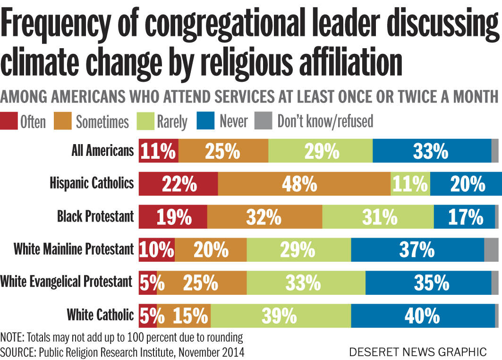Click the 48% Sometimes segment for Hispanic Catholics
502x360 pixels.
pos(304,184)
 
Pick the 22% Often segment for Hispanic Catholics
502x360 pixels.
pos(178,184)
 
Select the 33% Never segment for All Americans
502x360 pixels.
pos(432,151)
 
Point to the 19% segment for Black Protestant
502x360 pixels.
pos(173,217)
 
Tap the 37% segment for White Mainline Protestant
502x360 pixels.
pos(417,249)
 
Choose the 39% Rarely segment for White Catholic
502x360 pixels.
pos(281,315)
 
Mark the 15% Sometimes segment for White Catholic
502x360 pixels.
pos(184,315)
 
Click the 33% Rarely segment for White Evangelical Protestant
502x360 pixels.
pos(306,283)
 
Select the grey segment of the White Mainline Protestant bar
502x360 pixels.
pos(491,249)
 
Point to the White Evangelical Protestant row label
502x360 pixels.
pos(66,282)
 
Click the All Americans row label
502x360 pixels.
pos(102,151)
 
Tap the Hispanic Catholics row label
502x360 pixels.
pos(92,183)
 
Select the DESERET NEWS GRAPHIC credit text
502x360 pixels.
pos(417,351)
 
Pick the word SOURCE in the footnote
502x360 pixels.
pos(17,352)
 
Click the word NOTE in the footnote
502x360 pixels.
pos(13,338)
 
